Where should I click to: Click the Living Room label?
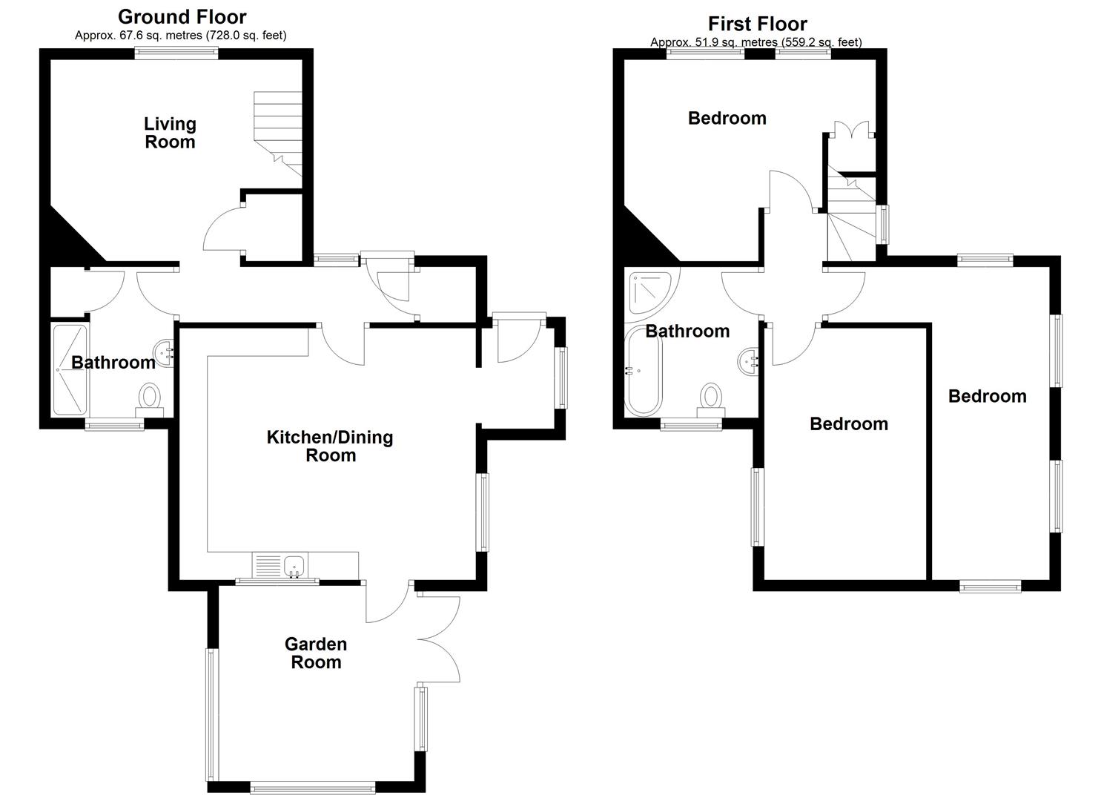point(170,133)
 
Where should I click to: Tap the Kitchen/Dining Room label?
point(330,446)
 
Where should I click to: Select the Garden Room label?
point(316,653)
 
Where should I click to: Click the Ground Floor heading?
point(182,16)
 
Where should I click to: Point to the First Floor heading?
point(757,24)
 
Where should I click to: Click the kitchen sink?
point(295,565)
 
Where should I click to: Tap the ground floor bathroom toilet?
point(150,398)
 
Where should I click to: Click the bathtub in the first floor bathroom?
point(643,371)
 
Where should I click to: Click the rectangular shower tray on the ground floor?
point(70,369)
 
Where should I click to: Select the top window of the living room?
point(176,53)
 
